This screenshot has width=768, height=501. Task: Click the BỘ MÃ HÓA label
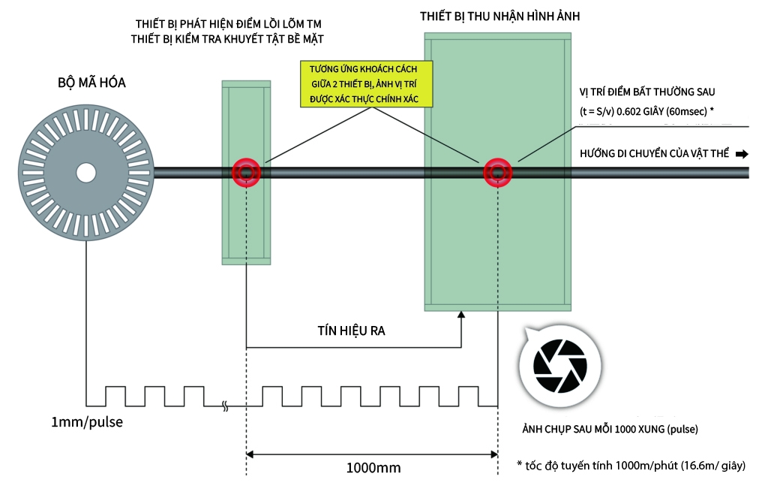[91, 83]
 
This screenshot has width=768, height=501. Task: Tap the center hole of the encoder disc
[85, 172]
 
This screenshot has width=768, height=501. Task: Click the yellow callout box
[367, 83]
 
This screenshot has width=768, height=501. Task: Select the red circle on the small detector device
[246, 172]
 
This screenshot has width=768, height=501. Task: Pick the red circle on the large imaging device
[496, 172]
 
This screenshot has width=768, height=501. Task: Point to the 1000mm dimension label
[373, 467]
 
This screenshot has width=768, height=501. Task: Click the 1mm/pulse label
[87, 422]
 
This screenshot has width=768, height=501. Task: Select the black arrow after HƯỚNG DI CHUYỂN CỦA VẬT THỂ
[742, 154]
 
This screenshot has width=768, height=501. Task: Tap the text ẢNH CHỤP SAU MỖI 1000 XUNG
[610, 430]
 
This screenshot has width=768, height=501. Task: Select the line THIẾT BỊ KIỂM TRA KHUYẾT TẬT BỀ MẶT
[226, 38]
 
